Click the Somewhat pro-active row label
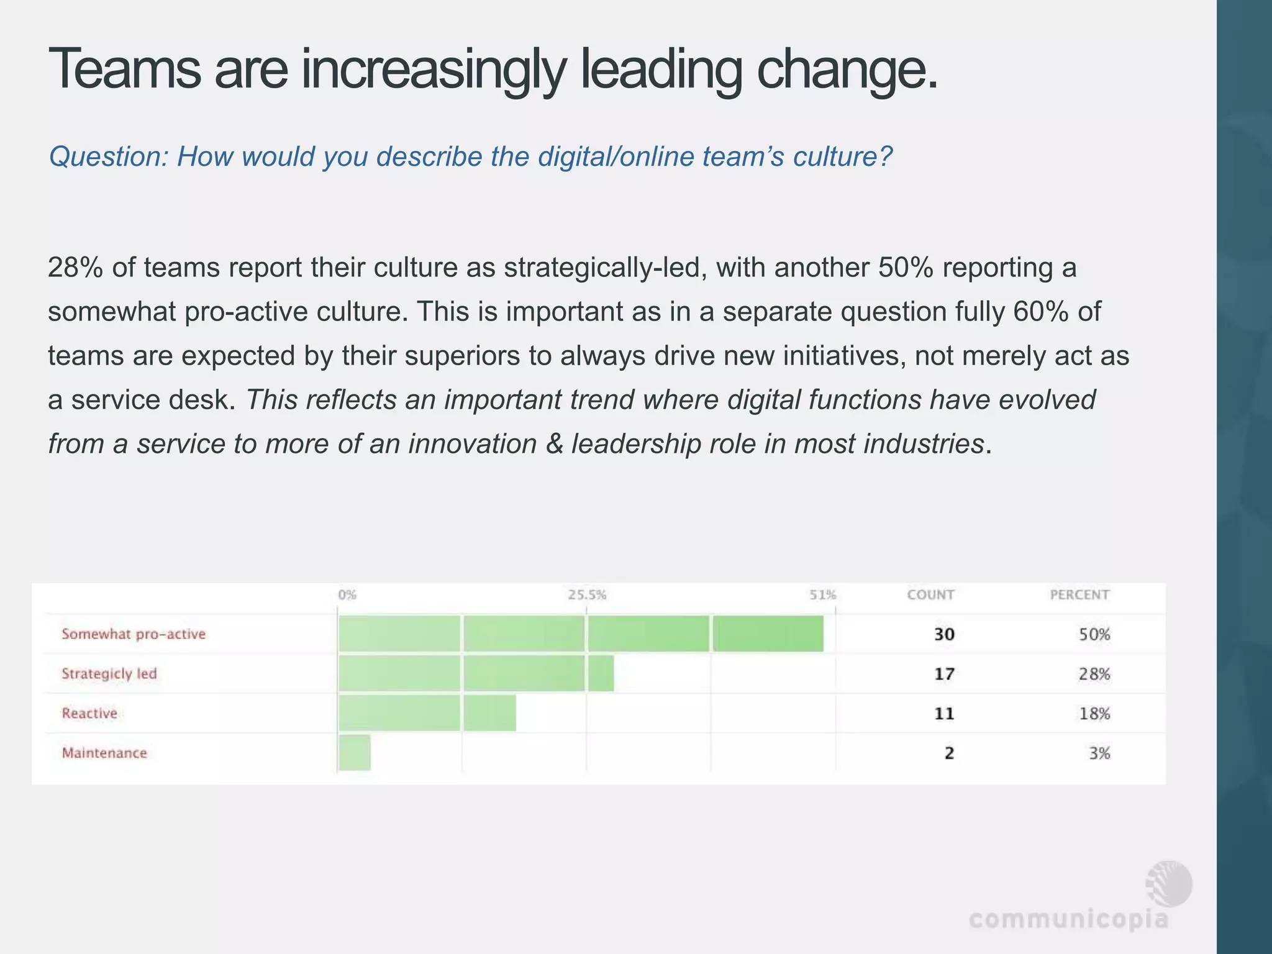134,634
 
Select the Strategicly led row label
109,674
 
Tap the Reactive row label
89,713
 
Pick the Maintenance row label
104,753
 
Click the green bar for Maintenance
355,753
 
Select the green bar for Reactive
427,713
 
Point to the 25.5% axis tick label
587,595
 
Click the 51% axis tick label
823,595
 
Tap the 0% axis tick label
347,595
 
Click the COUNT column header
930,595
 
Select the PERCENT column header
1079,595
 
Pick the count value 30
944,634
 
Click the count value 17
944,674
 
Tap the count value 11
944,713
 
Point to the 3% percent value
1099,753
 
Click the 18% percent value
1094,714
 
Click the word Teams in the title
124,70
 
